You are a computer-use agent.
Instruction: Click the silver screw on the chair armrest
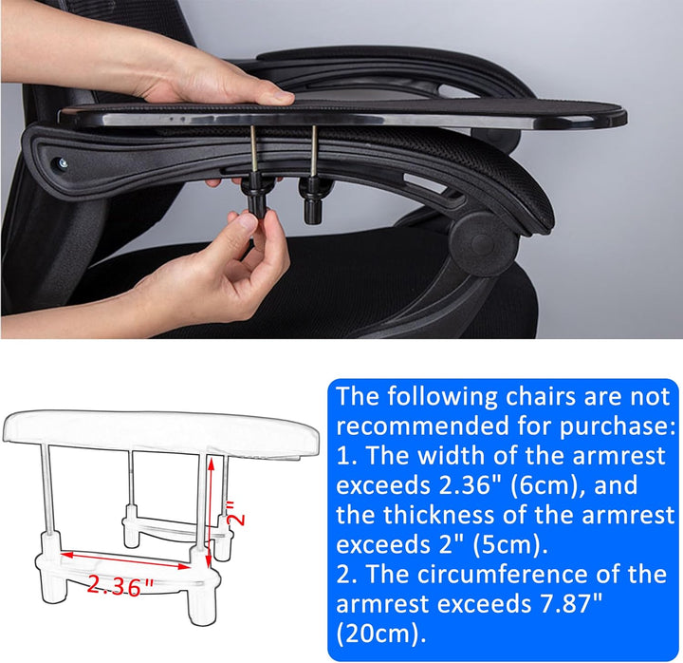point(63,163)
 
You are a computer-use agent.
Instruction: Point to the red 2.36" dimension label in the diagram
point(120,584)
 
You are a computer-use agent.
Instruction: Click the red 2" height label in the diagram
point(236,513)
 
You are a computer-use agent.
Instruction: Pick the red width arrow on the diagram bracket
point(126,561)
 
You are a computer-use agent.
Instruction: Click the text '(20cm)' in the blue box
point(380,634)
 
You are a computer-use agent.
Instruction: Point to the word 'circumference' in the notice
point(502,574)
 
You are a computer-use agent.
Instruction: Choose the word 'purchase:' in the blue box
point(618,426)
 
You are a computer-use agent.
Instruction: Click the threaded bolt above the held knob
point(254,155)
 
